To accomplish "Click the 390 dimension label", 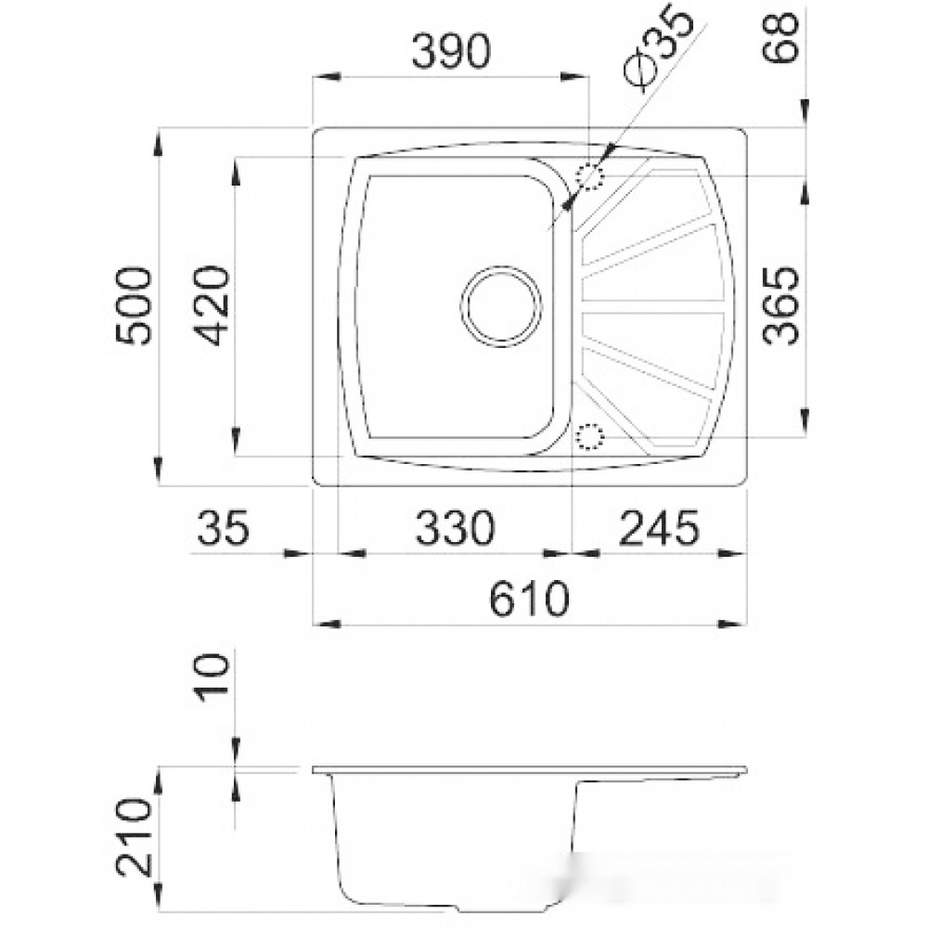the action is point(451,51).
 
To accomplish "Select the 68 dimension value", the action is point(780,37).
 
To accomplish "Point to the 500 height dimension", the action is point(133,305).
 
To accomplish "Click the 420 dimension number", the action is point(211,305).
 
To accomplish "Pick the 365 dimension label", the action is point(780,305).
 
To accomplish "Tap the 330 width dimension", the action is point(455,527).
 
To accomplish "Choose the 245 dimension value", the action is point(659,527).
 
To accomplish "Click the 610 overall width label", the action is point(529,599).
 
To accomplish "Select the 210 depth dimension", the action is point(133,836).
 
